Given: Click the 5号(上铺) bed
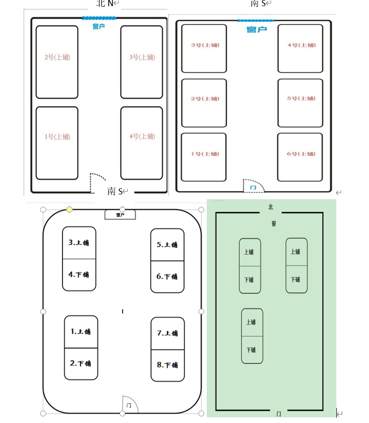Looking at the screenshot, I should [300, 103].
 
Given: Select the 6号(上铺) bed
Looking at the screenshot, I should [300, 157].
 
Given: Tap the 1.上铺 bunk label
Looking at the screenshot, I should [81, 332].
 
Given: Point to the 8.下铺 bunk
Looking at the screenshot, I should [167, 365].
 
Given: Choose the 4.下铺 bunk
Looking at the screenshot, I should [79, 274].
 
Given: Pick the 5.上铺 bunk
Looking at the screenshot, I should [167, 245].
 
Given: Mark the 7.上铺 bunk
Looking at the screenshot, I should [167, 333].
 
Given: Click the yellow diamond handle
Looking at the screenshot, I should [69, 209].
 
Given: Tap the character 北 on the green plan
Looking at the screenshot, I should [271, 207].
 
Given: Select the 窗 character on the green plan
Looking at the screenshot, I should [273, 223].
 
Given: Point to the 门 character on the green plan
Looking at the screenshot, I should [279, 414].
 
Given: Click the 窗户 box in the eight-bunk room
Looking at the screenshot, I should [120, 215].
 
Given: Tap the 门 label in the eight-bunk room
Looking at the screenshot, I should [129, 405].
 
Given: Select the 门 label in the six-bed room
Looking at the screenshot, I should [253, 188].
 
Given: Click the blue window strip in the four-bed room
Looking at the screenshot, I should [99, 18].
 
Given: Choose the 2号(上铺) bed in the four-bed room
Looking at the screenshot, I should [57, 62].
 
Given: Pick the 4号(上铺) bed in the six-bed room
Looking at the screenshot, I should [300, 48].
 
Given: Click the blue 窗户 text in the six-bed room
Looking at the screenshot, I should [256, 29].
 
